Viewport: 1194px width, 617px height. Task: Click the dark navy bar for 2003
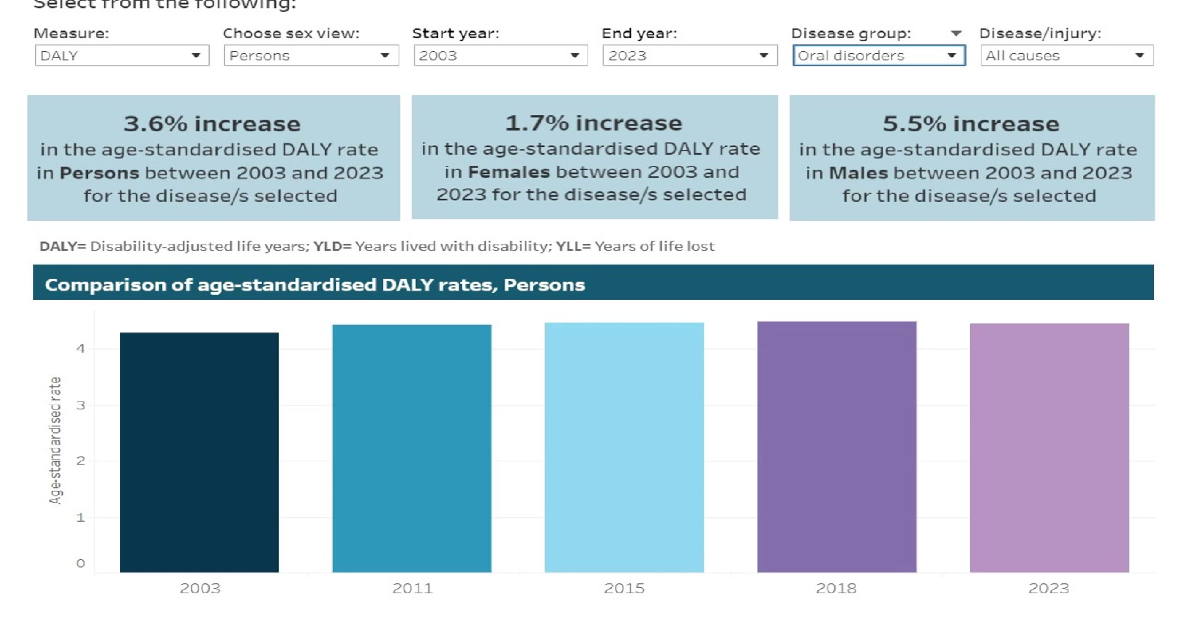tap(199, 452)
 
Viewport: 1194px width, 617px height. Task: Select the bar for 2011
tap(412, 448)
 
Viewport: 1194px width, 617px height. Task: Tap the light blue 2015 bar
tap(624, 447)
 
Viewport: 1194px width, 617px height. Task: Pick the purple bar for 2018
tap(837, 447)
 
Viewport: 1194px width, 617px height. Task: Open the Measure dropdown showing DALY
tap(122, 56)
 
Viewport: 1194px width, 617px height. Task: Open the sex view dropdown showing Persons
tap(311, 56)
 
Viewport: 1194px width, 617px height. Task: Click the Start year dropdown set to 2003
tap(501, 56)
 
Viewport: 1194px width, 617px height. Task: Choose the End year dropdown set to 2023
tap(690, 56)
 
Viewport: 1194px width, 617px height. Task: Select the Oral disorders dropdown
tap(879, 56)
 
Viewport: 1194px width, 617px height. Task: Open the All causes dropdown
tap(1067, 56)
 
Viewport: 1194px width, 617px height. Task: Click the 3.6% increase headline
tap(212, 124)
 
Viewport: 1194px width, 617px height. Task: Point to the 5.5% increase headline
tap(971, 124)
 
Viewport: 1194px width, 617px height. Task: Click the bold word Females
tap(509, 172)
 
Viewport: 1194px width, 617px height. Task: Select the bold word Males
tap(858, 173)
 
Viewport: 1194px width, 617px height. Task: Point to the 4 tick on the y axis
tap(81, 348)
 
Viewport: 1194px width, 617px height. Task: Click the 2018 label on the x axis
tap(836, 588)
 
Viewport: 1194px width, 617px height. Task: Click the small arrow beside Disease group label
tap(956, 33)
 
